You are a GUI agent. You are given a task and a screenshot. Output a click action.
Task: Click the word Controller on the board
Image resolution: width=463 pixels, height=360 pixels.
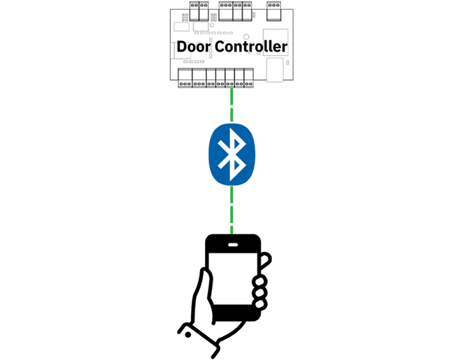(x=250, y=47)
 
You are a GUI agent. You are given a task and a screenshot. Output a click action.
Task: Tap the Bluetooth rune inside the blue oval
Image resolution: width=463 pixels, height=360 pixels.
(x=231, y=154)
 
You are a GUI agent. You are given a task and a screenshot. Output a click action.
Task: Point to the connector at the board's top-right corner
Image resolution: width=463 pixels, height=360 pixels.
(x=273, y=8)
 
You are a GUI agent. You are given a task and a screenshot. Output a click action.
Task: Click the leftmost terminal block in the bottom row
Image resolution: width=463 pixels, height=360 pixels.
(x=185, y=77)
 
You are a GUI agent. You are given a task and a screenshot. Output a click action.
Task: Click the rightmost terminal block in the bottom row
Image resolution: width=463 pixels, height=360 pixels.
(x=249, y=77)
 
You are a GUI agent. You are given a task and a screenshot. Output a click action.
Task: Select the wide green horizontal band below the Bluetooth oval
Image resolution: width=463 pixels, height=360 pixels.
(x=231, y=202)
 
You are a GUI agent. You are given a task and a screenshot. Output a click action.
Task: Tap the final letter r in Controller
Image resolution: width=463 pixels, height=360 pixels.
(x=284, y=47)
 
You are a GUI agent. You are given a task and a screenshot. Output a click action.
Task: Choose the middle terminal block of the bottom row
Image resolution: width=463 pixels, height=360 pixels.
(x=220, y=77)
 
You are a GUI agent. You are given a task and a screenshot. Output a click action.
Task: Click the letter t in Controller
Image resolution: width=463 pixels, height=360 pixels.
(x=248, y=47)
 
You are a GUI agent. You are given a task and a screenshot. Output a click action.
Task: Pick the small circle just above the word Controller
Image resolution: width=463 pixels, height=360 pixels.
(x=247, y=36)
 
